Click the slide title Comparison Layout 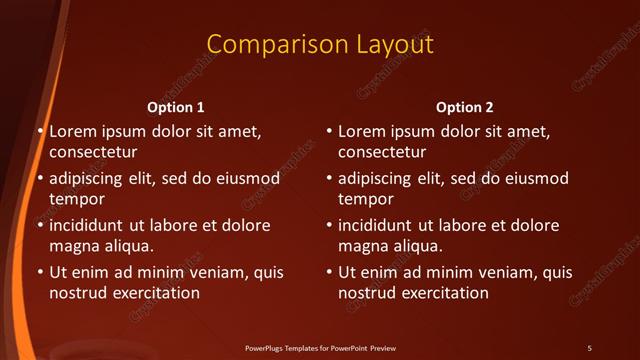(320, 45)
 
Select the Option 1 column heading (176, 107)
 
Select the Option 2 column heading (465, 107)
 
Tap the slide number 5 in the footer (589, 348)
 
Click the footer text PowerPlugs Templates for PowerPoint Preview (320, 348)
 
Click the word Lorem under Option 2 (362, 131)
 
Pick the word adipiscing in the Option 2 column (381, 179)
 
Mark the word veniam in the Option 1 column (209, 273)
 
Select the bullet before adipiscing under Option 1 (41, 179)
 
